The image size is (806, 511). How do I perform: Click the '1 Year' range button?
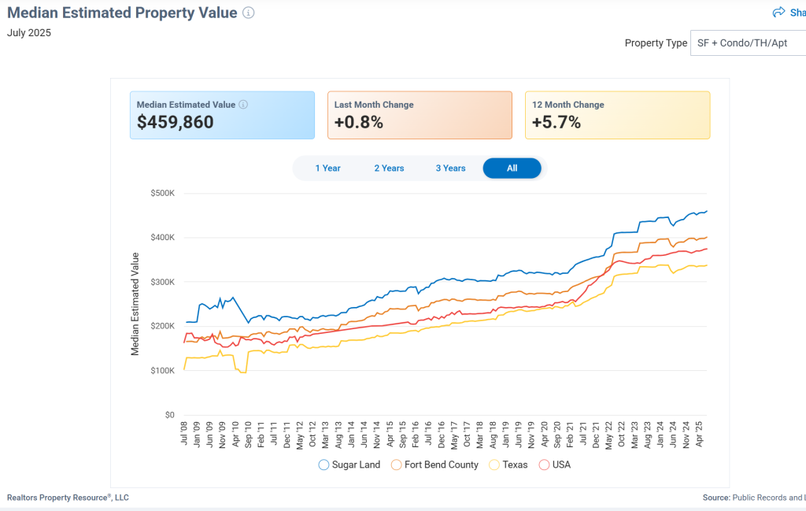point(327,168)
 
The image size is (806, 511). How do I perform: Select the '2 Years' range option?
point(389,168)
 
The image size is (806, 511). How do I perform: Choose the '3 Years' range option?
point(450,168)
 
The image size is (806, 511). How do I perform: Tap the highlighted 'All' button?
point(512,168)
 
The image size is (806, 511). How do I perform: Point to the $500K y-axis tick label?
point(163,193)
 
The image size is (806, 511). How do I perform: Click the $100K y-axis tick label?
point(163,371)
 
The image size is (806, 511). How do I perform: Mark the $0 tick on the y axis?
point(169,415)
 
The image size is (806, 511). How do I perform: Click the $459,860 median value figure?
point(175,123)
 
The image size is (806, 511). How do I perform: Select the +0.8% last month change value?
point(358,123)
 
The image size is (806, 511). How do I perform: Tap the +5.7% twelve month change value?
point(556,123)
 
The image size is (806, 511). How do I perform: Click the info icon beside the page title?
point(249,13)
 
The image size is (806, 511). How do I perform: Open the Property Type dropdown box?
point(748,43)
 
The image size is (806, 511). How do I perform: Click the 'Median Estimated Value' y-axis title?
point(135,304)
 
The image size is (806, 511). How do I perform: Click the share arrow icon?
point(778,12)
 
